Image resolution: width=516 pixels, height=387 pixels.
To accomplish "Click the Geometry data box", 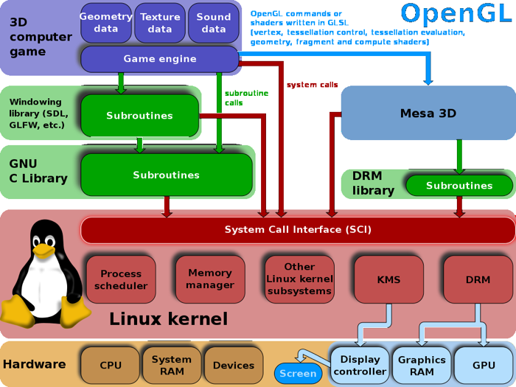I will [106, 23].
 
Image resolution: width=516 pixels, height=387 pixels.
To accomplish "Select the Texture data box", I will [160, 23].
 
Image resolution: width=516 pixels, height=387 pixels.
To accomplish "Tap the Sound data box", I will [214, 23].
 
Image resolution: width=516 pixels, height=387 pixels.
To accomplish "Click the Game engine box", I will [160, 59].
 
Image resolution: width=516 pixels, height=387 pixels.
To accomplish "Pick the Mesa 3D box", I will [428, 114].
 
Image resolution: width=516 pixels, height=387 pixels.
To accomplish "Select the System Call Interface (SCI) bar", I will [298, 230].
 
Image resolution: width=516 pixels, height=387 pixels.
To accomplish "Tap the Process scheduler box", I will [121, 279].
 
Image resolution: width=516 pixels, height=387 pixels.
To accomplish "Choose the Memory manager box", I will [210, 279].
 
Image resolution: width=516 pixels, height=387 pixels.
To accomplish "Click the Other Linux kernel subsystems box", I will [299, 279].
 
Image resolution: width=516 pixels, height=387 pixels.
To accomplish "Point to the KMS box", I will [388, 279].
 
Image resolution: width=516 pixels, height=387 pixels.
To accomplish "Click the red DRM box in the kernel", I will [478, 279].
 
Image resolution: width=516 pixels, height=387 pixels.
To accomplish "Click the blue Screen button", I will [298, 374].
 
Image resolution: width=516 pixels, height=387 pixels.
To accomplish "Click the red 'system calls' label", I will [312, 85].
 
